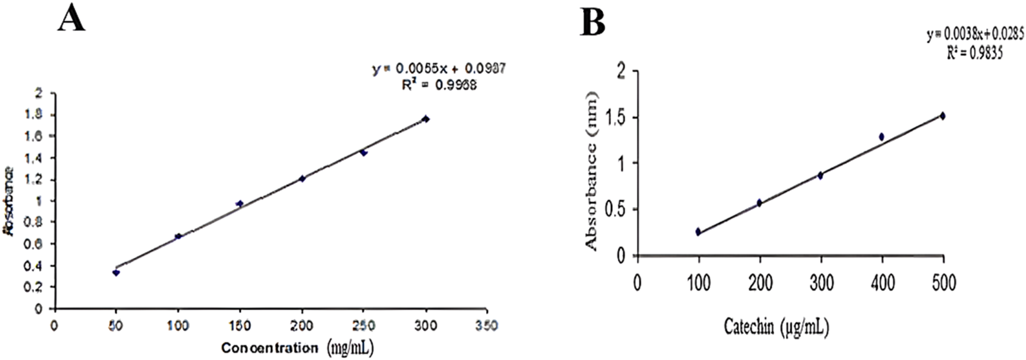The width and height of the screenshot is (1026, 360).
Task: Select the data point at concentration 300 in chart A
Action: (426, 119)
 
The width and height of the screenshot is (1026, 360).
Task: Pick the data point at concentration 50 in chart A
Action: (116, 273)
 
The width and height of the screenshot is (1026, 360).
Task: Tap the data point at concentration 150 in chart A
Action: (240, 204)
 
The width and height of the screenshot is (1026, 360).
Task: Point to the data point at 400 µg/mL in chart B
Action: (881, 137)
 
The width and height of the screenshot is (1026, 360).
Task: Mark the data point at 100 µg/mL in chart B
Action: (698, 232)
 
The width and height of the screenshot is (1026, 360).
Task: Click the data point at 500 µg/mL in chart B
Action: (942, 116)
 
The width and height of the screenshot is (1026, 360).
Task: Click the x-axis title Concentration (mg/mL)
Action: (297, 348)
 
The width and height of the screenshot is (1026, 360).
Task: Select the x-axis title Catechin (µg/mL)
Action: (776, 327)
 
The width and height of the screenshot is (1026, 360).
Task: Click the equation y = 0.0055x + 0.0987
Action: (439, 69)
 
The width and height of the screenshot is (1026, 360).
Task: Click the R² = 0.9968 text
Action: (439, 85)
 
